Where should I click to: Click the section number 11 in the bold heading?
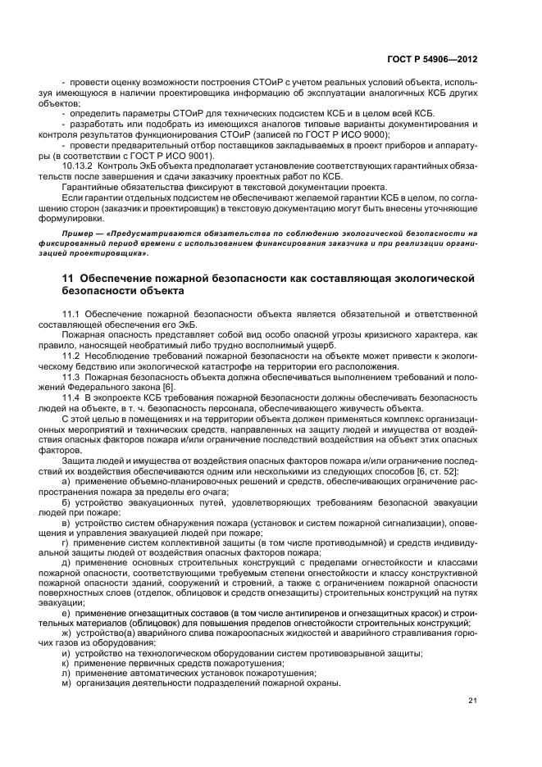[x=68, y=279]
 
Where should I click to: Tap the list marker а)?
[x=66, y=485]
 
